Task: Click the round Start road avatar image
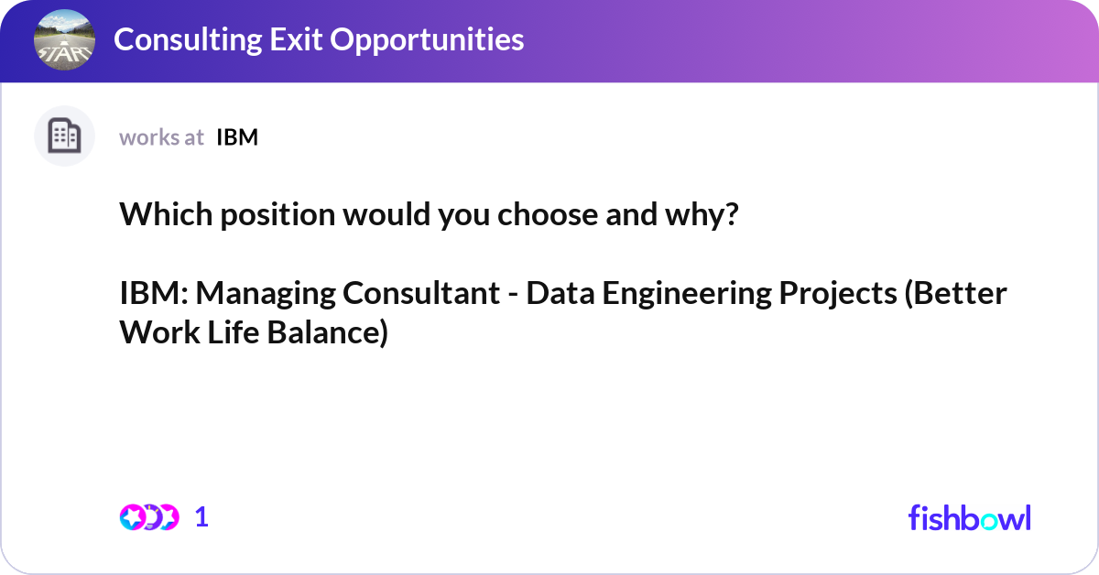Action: (64, 39)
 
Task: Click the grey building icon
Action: (64, 136)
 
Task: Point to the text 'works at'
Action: (161, 137)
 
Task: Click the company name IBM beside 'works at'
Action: (237, 137)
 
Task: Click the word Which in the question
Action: (158, 216)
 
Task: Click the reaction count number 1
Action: (202, 517)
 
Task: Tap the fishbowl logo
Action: (969, 517)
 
